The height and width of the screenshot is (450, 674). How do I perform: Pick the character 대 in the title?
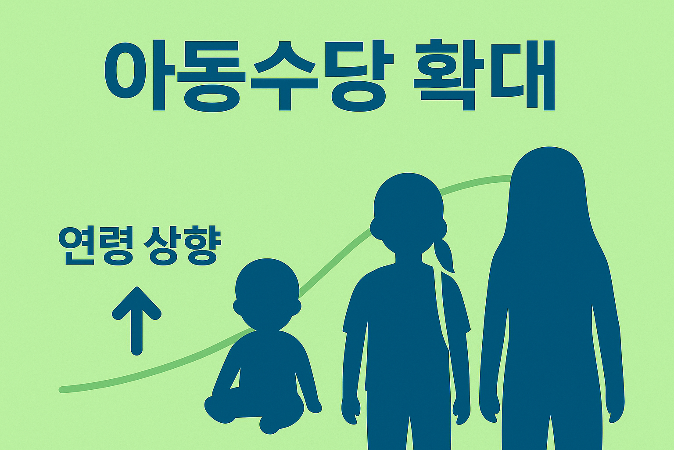coord(522,75)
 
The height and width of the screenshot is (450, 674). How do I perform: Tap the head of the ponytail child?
coord(407,211)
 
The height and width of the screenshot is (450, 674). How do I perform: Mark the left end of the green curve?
coord(62,389)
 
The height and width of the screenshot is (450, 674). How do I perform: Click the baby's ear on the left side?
coord(237,306)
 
